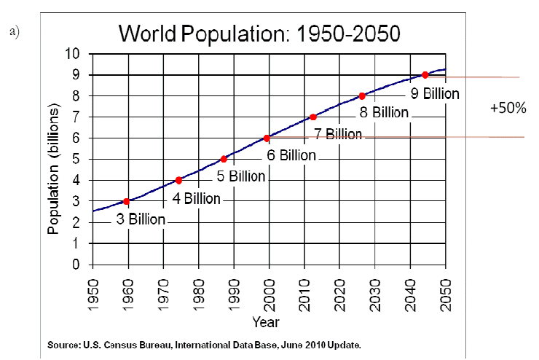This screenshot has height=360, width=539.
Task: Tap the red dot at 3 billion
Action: [127, 201]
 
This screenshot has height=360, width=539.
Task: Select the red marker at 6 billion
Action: [267, 138]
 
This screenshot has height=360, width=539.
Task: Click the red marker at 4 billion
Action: [178, 180]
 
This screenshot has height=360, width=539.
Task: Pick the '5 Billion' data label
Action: [242, 176]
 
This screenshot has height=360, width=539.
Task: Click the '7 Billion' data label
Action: [337, 134]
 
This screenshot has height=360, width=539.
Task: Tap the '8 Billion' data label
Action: [384, 113]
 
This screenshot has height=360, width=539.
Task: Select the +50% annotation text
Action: [508, 107]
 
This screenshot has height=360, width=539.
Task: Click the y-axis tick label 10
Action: [74, 54]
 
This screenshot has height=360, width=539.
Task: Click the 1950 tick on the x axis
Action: [93, 296]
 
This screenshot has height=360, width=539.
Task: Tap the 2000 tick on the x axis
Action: [269, 296]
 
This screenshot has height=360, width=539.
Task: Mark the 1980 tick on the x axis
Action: [199, 296]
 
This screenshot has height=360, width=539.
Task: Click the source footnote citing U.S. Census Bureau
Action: [204, 343]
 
